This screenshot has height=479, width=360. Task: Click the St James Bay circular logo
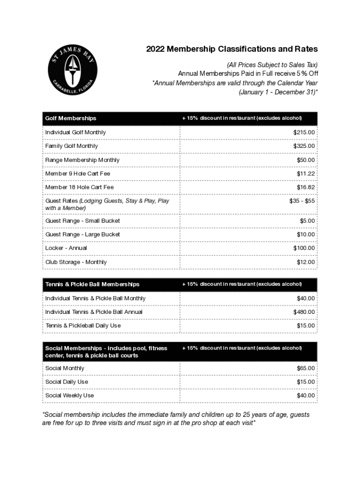(x=72, y=70)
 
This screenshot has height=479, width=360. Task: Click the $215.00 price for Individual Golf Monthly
(x=304, y=132)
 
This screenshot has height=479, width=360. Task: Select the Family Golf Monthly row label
(x=72, y=146)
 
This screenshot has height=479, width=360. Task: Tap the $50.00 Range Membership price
(x=306, y=160)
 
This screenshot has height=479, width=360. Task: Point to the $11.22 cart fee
(x=306, y=174)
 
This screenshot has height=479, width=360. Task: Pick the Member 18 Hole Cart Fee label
(x=79, y=187)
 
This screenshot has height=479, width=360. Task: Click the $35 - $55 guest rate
(x=302, y=201)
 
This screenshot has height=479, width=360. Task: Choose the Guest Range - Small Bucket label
(x=82, y=220)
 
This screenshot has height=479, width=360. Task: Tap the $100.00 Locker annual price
(x=304, y=248)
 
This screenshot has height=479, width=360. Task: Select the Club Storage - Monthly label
(x=76, y=262)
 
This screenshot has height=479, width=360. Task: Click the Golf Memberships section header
(x=71, y=118)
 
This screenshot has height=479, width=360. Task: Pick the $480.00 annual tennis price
(x=304, y=312)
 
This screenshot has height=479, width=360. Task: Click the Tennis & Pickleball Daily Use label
(x=83, y=326)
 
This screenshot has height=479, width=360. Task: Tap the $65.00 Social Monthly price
(x=306, y=368)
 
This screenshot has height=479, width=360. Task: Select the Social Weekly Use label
(x=69, y=395)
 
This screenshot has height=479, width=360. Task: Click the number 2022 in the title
(x=155, y=49)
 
